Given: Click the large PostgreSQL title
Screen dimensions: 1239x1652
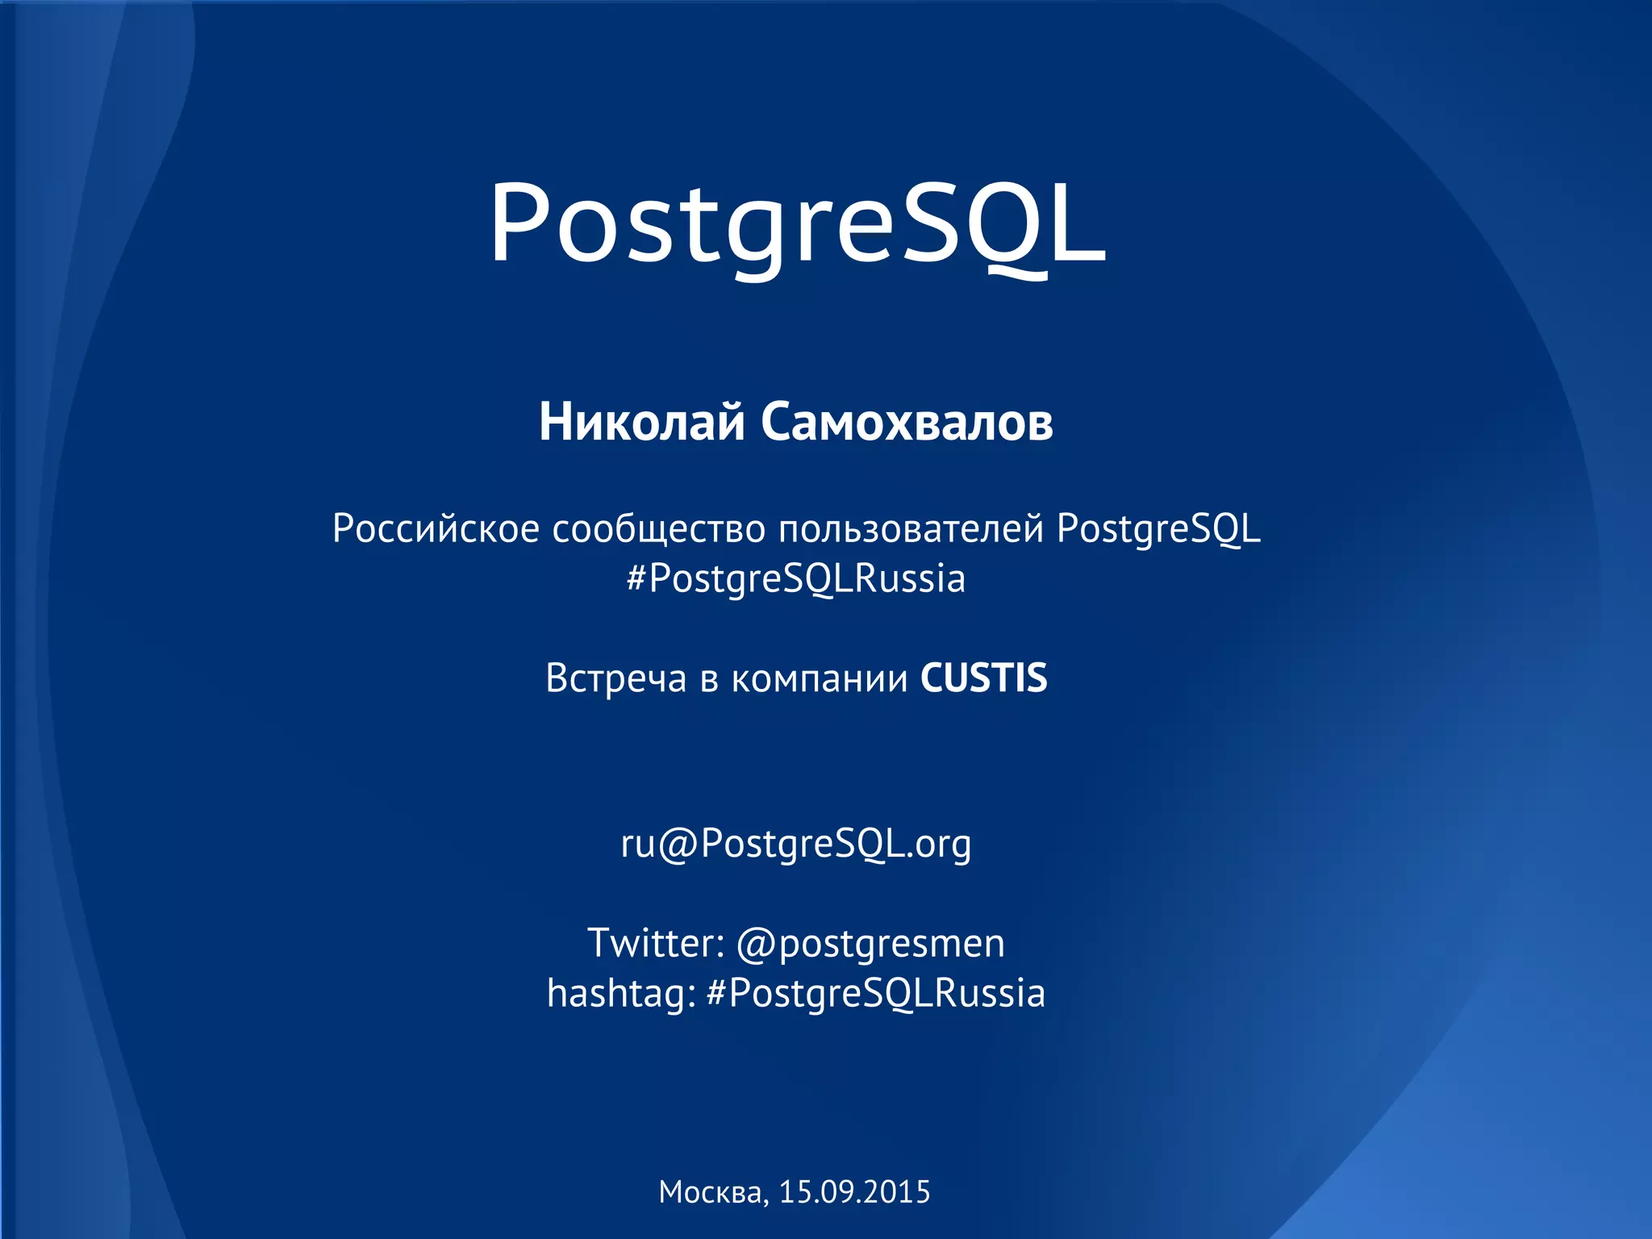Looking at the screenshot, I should tap(797, 223).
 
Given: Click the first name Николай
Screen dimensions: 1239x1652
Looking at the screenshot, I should tap(641, 422).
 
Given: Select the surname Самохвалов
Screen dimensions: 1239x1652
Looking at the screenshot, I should tap(907, 422).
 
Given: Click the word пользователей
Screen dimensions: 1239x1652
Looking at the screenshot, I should tap(912, 529).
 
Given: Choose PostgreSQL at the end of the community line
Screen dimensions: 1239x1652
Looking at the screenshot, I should tap(1158, 529).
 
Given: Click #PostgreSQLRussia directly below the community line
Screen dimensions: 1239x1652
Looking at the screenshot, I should tap(796, 579).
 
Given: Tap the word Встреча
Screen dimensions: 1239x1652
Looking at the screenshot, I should tap(616, 678).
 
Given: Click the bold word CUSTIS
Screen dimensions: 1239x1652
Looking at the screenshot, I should tap(984, 678).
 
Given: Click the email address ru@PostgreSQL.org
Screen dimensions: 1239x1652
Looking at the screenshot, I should tap(796, 844).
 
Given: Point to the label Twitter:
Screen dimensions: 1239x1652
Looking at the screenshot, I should tap(656, 943).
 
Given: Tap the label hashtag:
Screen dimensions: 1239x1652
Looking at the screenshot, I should tap(621, 993).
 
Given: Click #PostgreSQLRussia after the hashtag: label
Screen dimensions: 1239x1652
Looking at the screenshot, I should tap(876, 993).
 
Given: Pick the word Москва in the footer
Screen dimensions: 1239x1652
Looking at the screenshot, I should tap(713, 1192).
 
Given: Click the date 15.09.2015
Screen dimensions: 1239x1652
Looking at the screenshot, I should tap(855, 1192).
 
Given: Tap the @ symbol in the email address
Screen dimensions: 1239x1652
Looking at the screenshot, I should tap(678, 845).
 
